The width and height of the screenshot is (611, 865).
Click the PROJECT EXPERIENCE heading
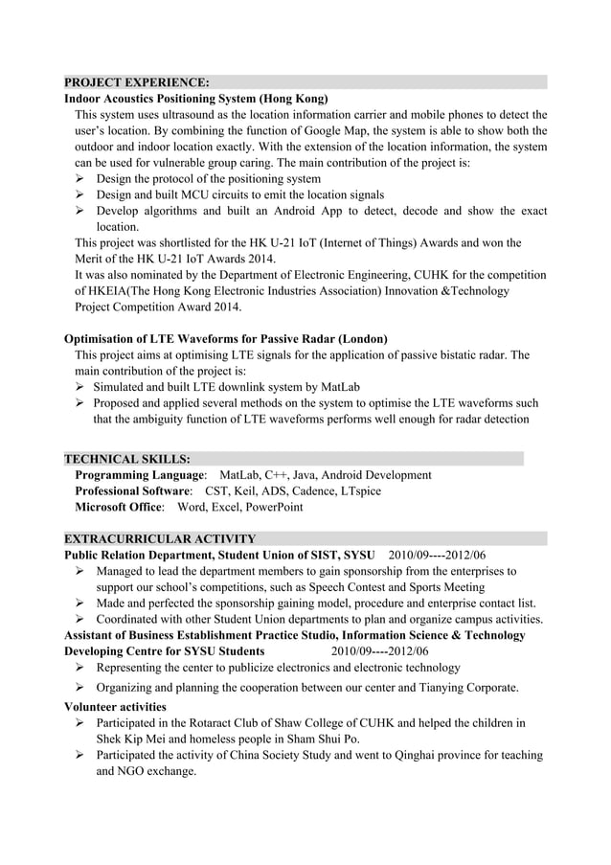pyautogui.click(x=136, y=82)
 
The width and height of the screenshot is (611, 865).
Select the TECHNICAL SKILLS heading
pyautogui.click(x=126, y=459)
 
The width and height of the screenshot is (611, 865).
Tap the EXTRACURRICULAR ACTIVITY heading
pyautogui.click(x=159, y=538)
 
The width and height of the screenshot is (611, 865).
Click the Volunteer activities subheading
pyautogui.click(x=114, y=707)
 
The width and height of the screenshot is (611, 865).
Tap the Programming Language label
pyautogui.click(x=140, y=475)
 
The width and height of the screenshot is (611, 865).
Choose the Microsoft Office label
pyautogui.click(x=119, y=508)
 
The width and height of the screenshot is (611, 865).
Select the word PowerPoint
pyautogui.click(x=274, y=508)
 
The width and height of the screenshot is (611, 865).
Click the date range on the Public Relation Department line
pyautogui.click(x=437, y=556)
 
